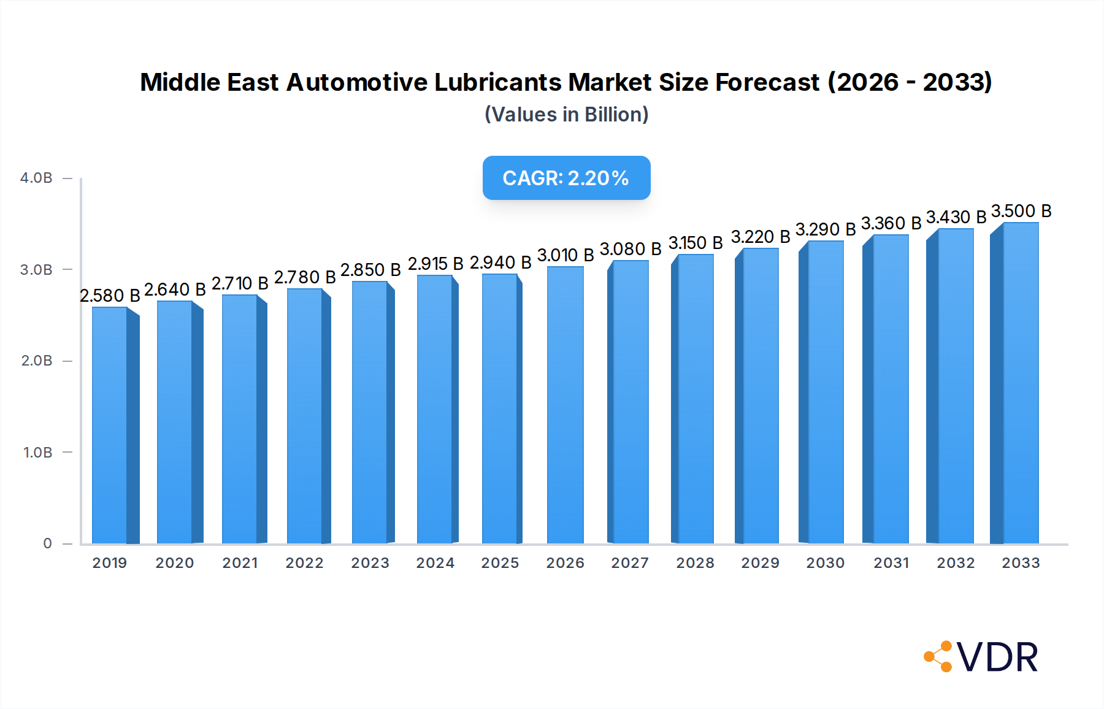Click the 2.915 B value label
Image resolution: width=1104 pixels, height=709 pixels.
(435, 264)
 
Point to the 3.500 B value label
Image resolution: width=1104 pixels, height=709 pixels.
(1021, 211)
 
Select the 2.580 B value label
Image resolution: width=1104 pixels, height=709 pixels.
(110, 296)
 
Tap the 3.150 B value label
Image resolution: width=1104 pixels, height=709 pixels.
(696, 243)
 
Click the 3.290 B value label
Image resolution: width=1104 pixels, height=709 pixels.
(826, 229)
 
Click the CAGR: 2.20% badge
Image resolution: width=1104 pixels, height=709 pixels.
(566, 178)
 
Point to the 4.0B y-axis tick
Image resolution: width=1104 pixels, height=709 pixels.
(36, 178)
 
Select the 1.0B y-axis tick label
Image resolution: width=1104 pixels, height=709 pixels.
(37, 453)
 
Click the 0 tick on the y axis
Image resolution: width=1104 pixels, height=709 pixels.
(47, 543)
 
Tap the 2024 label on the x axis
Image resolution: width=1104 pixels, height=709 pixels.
(435, 563)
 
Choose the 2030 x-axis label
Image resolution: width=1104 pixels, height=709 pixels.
(826, 563)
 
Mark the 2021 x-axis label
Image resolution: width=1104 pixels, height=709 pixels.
(240, 563)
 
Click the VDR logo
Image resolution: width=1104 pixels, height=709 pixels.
(981, 657)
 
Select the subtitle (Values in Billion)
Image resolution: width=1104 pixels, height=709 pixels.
(566, 115)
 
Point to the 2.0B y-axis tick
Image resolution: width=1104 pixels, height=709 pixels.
(37, 361)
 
